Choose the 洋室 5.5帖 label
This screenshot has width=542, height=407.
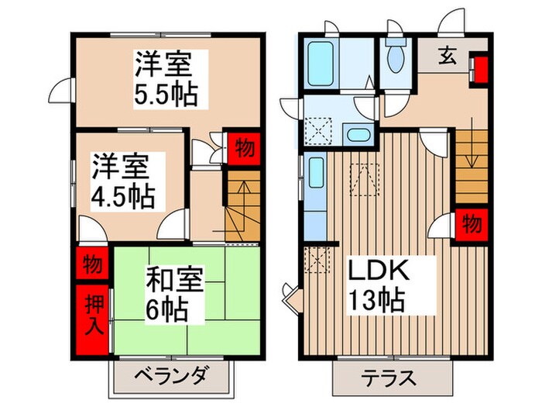click(x=163, y=78)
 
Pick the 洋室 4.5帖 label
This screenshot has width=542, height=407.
click(x=124, y=181)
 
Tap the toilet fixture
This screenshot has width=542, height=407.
click(x=396, y=56)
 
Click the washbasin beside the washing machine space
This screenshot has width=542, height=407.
click(x=357, y=135)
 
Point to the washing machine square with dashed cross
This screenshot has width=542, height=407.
click(x=317, y=127)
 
